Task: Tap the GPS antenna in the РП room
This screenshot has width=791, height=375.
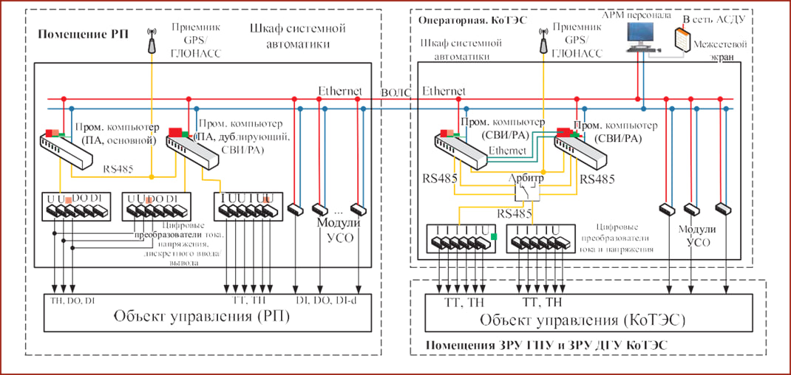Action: pos(152,41)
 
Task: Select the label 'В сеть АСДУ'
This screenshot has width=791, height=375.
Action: pos(715,19)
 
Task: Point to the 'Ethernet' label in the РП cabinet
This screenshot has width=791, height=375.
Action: pos(340,92)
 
